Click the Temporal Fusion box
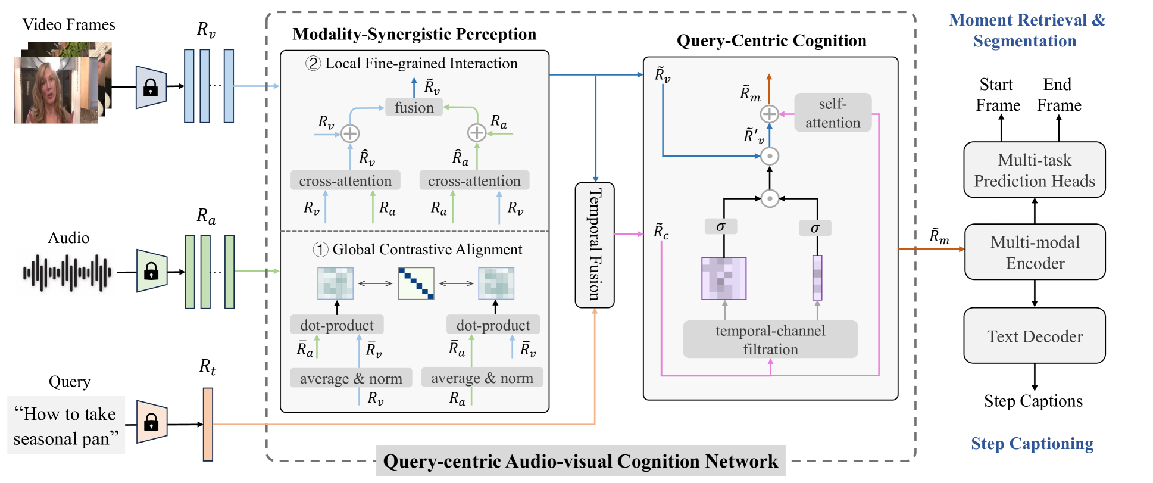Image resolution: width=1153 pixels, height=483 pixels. tap(594, 245)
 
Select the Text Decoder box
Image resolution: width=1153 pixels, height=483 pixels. tap(1034, 336)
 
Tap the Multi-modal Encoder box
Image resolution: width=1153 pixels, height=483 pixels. tap(1035, 252)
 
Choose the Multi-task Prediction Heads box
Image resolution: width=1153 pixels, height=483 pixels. tap(1034, 170)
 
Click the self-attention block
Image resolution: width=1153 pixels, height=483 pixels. tap(832, 113)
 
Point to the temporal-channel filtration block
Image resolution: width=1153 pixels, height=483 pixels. tap(770, 339)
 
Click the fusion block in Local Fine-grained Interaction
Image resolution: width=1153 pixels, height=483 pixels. tap(414, 107)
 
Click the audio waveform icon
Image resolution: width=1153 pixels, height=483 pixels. tap(67, 273)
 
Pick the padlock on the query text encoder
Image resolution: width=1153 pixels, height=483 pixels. tap(151, 422)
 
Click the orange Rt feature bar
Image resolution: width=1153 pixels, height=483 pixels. tap(208, 424)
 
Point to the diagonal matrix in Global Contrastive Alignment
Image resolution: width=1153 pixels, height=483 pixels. tap(415, 283)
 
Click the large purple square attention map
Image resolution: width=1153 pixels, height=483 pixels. tap(723, 278)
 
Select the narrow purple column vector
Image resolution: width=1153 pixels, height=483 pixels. tap(817, 278)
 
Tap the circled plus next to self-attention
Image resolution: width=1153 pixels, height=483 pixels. tap(769, 114)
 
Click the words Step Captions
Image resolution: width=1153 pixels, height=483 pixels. tap(1033, 401)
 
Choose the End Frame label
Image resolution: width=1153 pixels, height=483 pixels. tap(1058, 95)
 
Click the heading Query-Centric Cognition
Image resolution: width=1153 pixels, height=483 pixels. tap(771, 40)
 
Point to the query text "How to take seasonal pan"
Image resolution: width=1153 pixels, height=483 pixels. tap(65, 426)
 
